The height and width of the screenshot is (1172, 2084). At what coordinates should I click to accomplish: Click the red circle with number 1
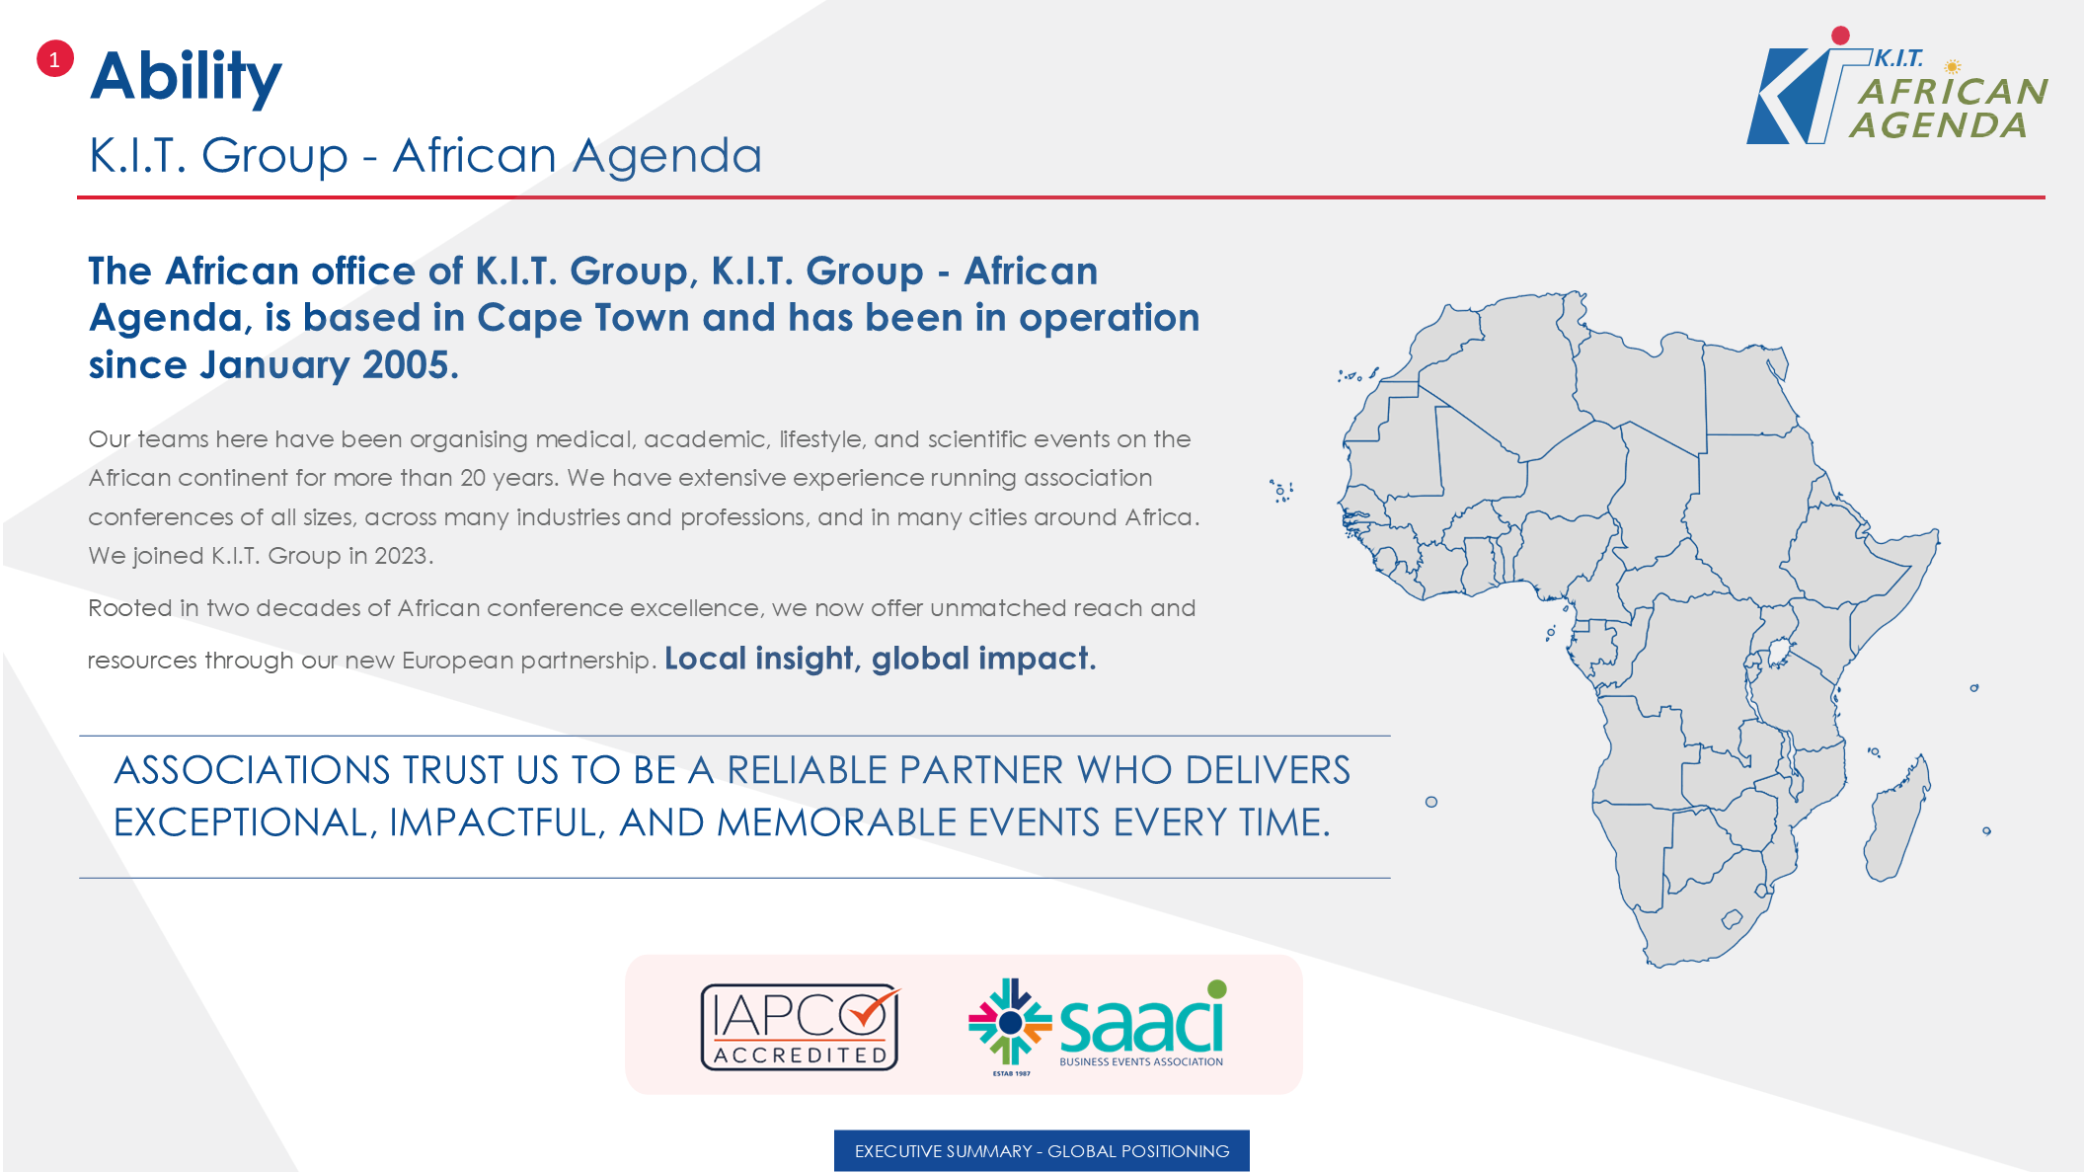point(54,59)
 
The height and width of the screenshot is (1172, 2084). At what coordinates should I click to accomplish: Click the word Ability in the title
point(186,77)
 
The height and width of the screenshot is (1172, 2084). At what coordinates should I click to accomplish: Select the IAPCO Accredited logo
point(801,1027)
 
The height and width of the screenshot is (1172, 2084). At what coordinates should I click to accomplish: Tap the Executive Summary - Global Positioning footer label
point(1042,1151)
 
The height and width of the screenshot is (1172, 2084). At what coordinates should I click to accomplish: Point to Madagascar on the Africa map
point(1896,820)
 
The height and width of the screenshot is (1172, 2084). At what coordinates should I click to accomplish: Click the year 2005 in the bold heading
point(406,365)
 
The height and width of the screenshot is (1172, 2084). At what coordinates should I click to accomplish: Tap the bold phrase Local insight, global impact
point(880,659)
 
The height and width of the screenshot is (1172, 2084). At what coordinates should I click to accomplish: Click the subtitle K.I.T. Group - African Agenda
point(425,156)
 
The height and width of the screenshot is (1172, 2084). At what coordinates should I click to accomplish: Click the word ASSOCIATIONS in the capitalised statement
point(253,770)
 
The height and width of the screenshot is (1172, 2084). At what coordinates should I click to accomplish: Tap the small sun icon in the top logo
point(1952,67)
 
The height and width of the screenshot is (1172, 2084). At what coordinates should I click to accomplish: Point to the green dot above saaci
point(1217,988)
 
